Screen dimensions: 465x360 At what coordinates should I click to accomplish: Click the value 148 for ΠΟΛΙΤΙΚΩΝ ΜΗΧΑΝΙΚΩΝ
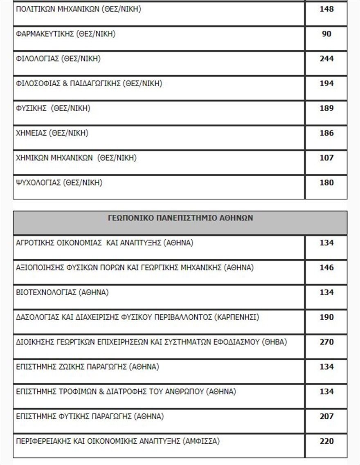326,9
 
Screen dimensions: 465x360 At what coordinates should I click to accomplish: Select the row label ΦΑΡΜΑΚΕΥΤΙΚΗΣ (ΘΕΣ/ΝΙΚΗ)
65,34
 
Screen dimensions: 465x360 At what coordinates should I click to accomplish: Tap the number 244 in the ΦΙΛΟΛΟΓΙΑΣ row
326,58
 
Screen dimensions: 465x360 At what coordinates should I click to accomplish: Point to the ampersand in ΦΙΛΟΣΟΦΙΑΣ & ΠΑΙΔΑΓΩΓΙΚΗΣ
65,83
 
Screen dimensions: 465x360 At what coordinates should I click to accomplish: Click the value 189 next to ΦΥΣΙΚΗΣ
326,108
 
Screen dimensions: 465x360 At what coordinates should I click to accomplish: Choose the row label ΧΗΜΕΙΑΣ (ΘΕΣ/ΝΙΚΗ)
52,133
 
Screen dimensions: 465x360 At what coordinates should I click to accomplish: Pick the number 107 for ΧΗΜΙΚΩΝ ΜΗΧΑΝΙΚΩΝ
326,158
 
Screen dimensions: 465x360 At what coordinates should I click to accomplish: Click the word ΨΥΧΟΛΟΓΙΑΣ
38,183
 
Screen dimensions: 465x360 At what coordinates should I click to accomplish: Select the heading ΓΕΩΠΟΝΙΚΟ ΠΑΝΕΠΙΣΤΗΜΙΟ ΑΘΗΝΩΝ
180,218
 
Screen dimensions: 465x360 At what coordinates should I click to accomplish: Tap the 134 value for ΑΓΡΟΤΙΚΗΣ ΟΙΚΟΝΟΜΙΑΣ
326,243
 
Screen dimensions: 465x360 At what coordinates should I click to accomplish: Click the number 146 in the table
326,268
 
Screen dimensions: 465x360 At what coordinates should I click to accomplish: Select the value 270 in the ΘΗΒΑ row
326,342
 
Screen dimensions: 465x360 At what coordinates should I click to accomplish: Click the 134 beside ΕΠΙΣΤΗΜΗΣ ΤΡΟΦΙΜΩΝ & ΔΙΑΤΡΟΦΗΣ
326,392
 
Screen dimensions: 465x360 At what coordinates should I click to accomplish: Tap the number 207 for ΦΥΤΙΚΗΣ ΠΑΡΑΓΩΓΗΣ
326,416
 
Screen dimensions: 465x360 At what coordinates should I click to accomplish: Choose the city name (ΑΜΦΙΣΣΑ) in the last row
201,441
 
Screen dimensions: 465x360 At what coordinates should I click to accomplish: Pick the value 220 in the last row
326,441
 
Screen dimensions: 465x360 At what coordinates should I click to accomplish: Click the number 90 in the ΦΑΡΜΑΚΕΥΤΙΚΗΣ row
326,34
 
